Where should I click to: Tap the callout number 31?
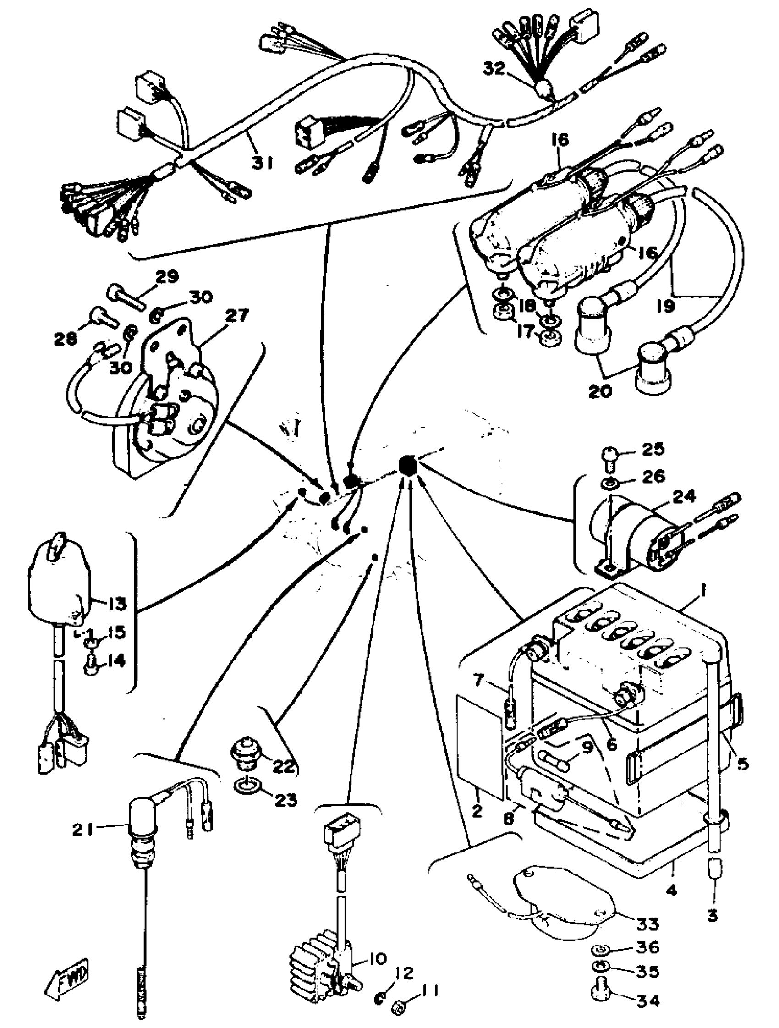click(263, 163)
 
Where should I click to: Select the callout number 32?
click(494, 69)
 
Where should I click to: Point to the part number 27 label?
click(237, 316)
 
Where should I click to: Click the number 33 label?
click(647, 924)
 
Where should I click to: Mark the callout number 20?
click(601, 391)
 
